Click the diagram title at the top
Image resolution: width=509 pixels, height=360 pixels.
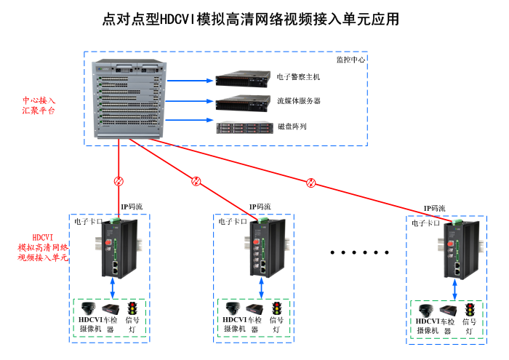pyautogui.click(x=251, y=19)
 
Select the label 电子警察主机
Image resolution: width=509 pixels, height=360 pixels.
pyautogui.click(x=298, y=77)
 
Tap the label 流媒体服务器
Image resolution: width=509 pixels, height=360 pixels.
pyautogui.click(x=298, y=101)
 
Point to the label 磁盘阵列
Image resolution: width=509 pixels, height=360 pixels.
pyautogui.click(x=292, y=127)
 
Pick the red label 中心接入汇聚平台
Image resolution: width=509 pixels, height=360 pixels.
pyautogui.click(x=39, y=105)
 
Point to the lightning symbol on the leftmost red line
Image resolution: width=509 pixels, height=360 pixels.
pyautogui.click(x=119, y=181)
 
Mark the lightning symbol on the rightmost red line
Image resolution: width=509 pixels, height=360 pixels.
pyautogui.click(x=311, y=183)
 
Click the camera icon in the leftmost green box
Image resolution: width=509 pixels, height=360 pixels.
pyautogui.click(x=89, y=308)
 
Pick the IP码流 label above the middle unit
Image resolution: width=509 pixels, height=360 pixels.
pyautogui.click(x=260, y=207)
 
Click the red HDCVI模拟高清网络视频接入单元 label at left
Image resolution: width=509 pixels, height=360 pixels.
pyautogui.click(x=43, y=247)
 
